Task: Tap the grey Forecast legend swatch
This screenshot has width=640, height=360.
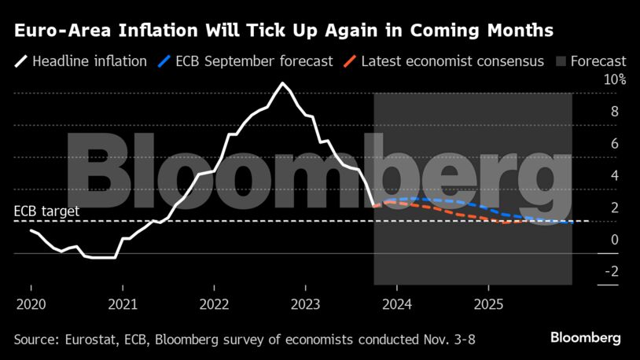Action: tap(561, 61)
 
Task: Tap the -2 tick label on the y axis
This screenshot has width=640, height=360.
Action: tap(610, 272)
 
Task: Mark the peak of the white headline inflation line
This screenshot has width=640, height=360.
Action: tap(282, 83)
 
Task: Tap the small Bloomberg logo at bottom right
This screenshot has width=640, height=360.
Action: tap(585, 338)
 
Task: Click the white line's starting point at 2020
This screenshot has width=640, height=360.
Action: tap(31, 230)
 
